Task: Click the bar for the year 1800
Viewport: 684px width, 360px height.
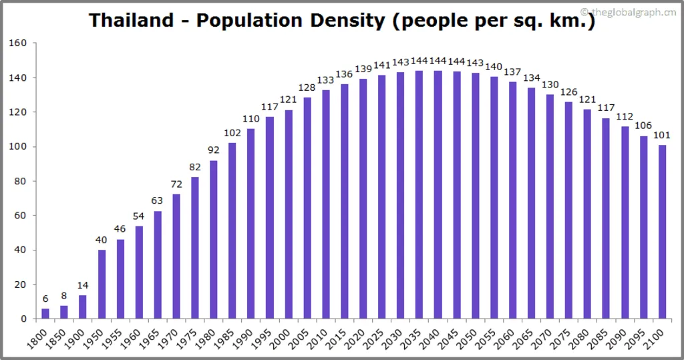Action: [45, 313]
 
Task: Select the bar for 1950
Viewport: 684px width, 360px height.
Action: [102, 284]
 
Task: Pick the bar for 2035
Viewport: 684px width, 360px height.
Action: [419, 194]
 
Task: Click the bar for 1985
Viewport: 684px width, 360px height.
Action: [232, 230]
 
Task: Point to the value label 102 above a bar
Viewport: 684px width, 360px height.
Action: [232, 133]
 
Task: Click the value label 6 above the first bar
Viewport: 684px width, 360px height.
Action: [45, 299]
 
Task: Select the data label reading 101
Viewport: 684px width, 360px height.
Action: [662, 136]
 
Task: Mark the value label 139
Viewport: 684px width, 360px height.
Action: [363, 69]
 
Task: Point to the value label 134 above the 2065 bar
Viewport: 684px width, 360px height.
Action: [531, 78]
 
